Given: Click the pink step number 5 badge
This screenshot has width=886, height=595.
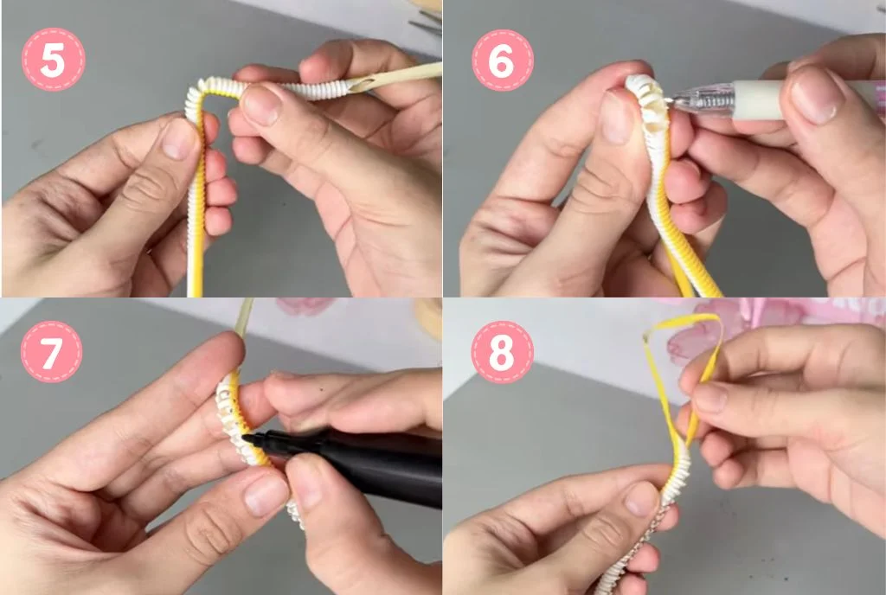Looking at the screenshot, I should click(x=53, y=59).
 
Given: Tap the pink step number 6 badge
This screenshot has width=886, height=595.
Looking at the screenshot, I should click(x=502, y=60).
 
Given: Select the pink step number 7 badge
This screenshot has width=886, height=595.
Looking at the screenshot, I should click(x=52, y=352).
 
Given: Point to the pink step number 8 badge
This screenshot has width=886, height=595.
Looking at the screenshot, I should click(x=502, y=352).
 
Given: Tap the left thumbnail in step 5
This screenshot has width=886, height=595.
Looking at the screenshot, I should click(x=179, y=139).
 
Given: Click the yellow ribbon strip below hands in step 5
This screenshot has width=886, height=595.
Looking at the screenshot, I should click(x=196, y=259).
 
